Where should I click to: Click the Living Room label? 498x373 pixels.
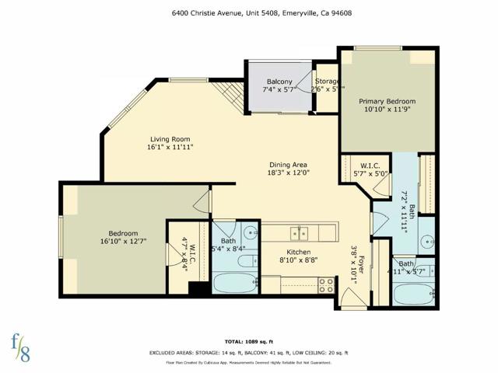(x=170, y=139)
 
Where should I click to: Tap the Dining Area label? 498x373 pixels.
(x=289, y=165)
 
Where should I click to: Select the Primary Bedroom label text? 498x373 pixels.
(x=387, y=102)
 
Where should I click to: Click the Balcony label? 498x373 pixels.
(x=279, y=82)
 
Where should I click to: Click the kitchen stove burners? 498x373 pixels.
(x=327, y=284)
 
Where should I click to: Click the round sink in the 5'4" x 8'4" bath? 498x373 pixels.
(x=250, y=232)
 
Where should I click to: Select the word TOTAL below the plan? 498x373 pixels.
(x=236, y=341)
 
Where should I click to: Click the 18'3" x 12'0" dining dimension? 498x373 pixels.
(x=289, y=173)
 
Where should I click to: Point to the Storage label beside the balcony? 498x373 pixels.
(x=327, y=82)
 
